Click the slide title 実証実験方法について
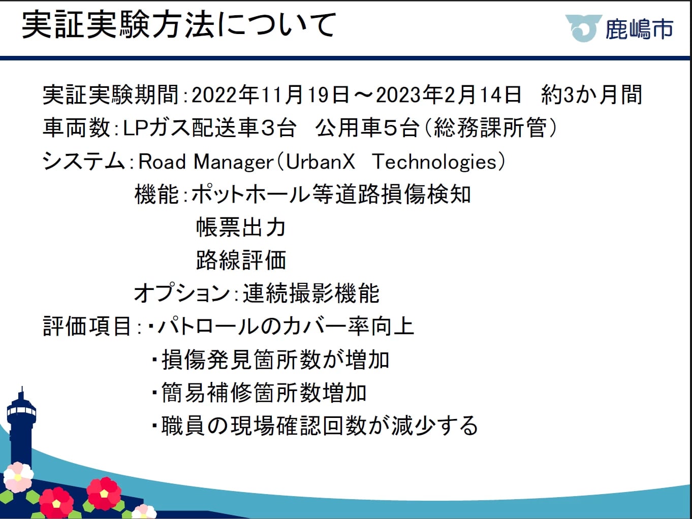pos(179,25)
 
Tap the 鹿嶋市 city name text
pos(639,29)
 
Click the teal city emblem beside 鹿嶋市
pos(583,28)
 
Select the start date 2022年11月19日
pos(270,94)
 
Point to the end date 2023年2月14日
pos(449,94)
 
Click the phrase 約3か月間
pos(591,94)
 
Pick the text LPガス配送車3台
pos(210,128)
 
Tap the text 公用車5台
pos(368,128)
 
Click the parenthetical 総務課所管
pos(490,128)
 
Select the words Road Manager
pos(206,162)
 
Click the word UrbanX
pos(320,161)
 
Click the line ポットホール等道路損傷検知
pos(331,194)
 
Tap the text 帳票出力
pos(241,227)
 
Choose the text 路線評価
pos(241,260)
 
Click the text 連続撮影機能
pos(311,293)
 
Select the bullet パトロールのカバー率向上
pos(286,326)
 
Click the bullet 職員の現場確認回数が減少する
pos(320,426)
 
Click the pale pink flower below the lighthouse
pos(18,477)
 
